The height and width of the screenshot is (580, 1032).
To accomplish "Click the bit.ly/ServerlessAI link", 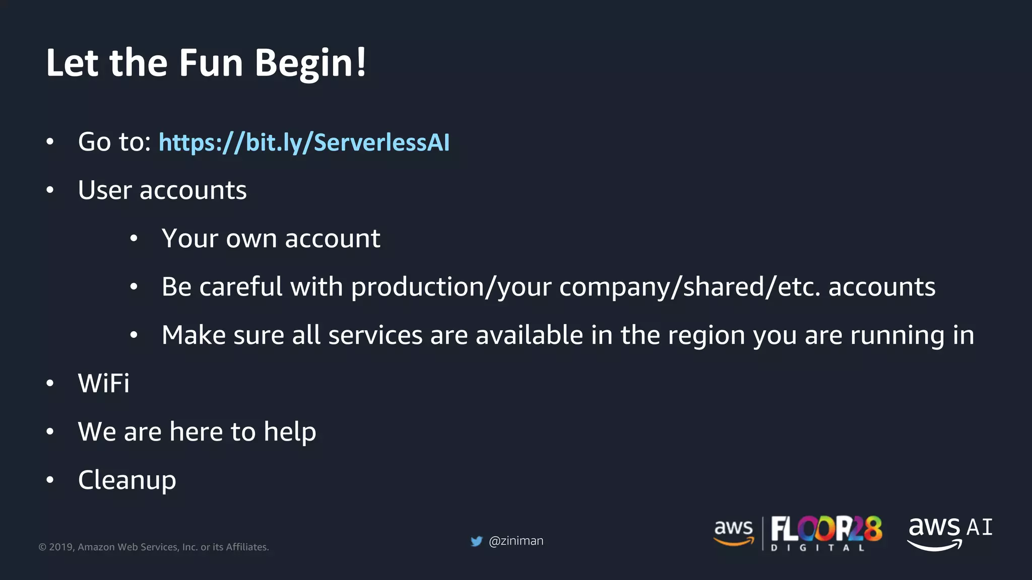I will tap(304, 142).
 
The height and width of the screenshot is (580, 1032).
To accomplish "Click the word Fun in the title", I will tap(211, 63).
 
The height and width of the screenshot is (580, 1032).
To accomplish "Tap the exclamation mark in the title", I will tap(361, 62).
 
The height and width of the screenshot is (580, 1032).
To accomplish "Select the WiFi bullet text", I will tap(104, 383).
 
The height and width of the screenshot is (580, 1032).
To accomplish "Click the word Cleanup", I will tap(127, 480).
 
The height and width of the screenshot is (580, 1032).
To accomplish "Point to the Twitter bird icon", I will tap(476, 541).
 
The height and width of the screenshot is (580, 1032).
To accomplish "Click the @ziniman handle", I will tap(516, 541).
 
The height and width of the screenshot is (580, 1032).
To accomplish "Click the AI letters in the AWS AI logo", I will tap(980, 528).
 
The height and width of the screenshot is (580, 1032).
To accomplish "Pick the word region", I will tap(706, 335).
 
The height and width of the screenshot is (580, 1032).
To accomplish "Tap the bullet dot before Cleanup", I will tap(49, 480).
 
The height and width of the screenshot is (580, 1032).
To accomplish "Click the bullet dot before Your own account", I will tap(134, 239).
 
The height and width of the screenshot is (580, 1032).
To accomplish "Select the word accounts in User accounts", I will tap(193, 190).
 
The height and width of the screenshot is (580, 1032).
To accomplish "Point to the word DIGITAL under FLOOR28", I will tap(817, 548).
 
